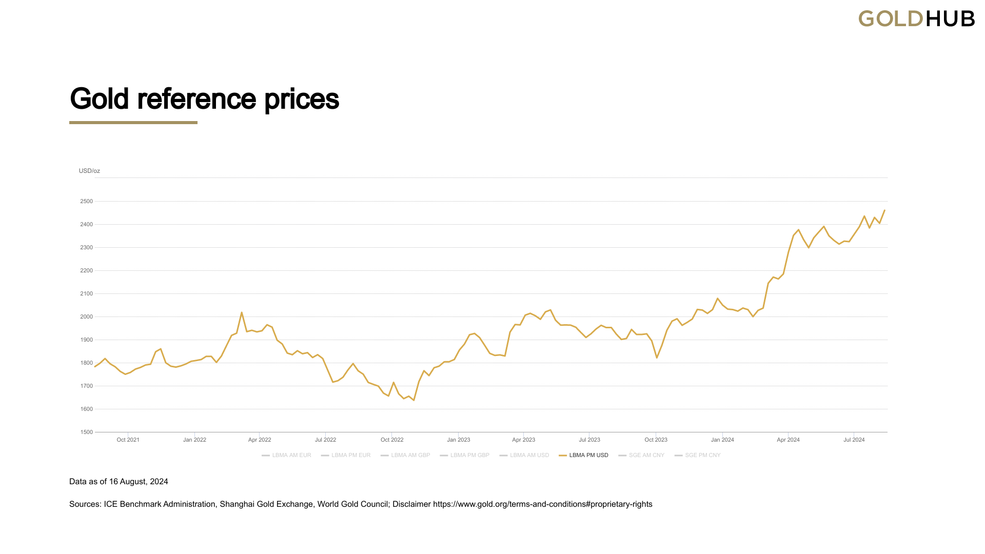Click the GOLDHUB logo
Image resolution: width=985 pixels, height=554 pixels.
(916, 19)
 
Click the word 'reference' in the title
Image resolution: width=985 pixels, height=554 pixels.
(196, 99)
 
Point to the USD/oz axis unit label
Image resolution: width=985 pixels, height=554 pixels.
(89, 171)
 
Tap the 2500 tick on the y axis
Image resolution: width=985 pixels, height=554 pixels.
(86, 202)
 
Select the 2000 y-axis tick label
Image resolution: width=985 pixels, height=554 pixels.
(86, 317)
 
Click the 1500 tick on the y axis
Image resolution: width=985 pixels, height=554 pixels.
(86, 432)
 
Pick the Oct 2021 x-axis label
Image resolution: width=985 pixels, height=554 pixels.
(128, 440)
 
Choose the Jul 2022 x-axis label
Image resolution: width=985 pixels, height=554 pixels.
(325, 440)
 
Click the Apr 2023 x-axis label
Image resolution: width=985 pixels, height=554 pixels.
(523, 440)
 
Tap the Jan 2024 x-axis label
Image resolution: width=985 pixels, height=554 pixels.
(722, 440)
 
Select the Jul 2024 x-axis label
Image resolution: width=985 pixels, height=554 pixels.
(854, 440)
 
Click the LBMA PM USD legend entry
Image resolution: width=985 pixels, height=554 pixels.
(588, 456)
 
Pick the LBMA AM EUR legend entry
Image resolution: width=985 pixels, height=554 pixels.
(291, 456)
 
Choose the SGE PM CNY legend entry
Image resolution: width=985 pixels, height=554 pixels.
(702, 456)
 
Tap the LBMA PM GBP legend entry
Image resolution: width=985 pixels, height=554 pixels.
(469, 456)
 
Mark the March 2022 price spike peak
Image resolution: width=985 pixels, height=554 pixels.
(242, 312)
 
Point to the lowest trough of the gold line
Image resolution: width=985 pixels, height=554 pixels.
(413, 400)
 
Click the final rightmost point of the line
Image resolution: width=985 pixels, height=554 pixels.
(884, 210)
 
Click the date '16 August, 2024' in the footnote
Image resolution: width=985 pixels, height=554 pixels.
(139, 482)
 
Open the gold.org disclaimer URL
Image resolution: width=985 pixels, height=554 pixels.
(542, 504)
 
